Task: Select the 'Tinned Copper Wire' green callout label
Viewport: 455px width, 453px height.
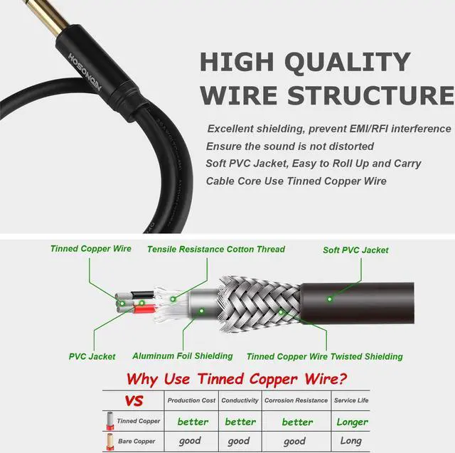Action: point(90,249)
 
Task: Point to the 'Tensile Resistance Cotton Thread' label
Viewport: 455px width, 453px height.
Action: point(216,249)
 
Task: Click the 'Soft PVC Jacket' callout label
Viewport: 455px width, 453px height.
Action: point(355,250)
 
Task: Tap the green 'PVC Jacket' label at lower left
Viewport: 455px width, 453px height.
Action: point(92,356)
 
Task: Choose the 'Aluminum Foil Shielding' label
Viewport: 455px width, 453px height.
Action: point(183,356)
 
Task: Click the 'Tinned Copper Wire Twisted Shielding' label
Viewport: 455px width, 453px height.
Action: point(324,356)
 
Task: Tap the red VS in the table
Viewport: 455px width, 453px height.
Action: point(134,401)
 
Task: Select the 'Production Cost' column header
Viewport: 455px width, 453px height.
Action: point(191,400)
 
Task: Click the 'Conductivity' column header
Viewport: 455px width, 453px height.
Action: point(240,400)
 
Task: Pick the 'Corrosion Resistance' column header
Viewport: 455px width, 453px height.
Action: point(296,400)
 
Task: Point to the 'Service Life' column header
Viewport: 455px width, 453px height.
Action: point(351,400)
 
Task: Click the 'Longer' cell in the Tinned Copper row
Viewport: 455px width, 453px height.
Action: point(351,422)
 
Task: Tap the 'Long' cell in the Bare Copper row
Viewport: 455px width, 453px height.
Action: point(351,441)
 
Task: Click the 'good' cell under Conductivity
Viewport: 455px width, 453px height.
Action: point(240,441)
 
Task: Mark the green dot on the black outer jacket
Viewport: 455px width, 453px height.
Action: point(330,299)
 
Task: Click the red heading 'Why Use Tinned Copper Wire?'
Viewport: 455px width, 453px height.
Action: point(235,379)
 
